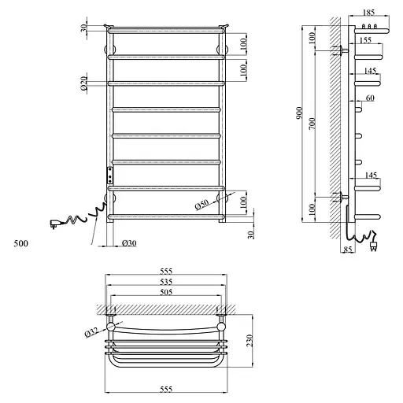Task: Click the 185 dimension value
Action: (x=370, y=14)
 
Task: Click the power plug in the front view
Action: (x=57, y=224)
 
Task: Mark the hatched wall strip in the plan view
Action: (x=165, y=306)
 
